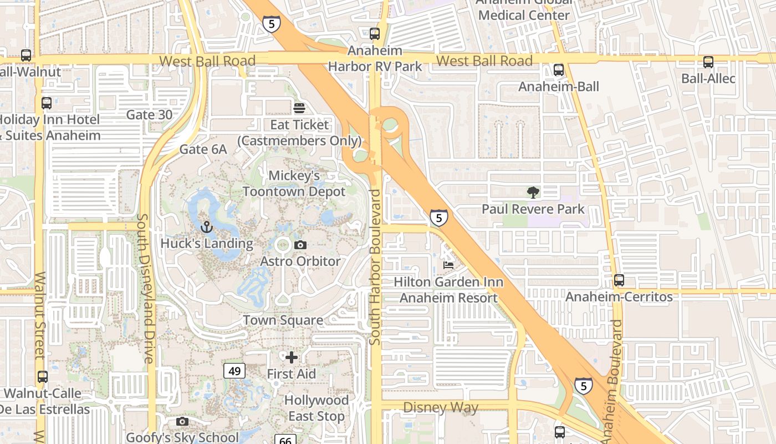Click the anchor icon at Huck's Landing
(x=207, y=227)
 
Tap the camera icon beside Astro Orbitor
(x=300, y=245)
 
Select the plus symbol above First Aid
(x=292, y=357)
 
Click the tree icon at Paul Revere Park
(x=533, y=193)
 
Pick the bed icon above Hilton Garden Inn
(x=448, y=265)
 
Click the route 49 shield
(x=234, y=371)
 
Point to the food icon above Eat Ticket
(x=299, y=108)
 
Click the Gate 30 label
(x=149, y=115)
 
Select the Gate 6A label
(x=203, y=149)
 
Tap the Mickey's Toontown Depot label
(x=294, y=184)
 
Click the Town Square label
(x=283, y=320)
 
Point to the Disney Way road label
(x=440, y=408)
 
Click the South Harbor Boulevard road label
(x=375, y=267)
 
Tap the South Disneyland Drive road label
(x=145, y=289)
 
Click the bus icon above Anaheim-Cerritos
(x=619, y=281)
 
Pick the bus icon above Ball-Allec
(x=708, y=62)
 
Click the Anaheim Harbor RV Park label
(x=375, y=59)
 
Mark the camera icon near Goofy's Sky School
(x=182, y=422)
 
